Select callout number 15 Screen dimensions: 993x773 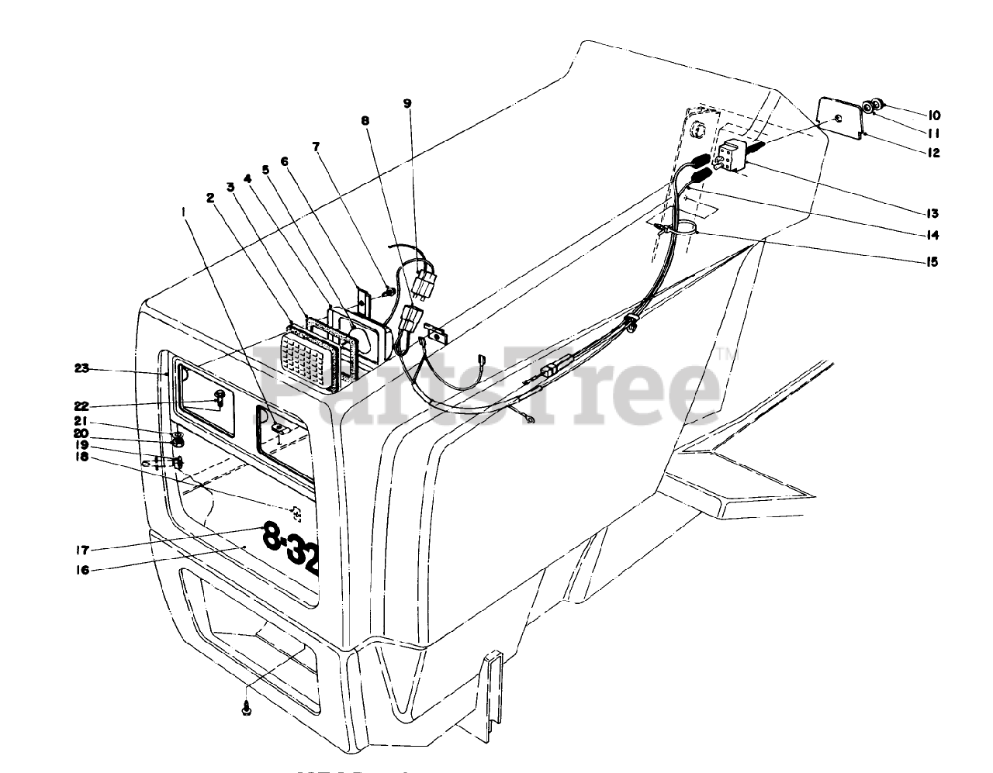(929, 262)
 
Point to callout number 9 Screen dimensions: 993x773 (408, 103)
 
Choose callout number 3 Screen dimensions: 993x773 (230, 186)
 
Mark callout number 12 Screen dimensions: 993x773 (932, 153)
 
